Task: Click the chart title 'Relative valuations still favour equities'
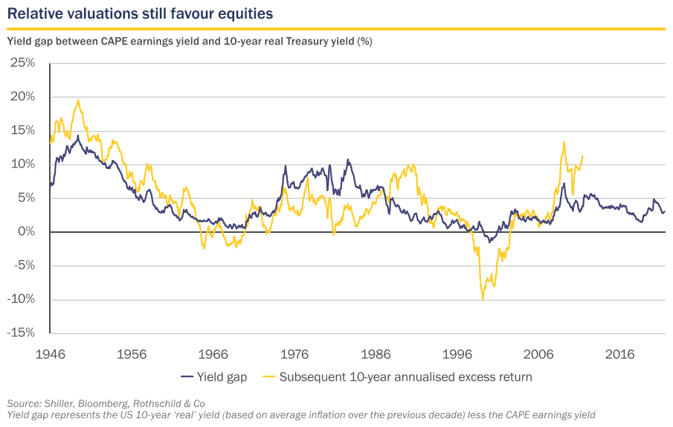click(141, 14)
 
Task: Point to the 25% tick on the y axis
click(22, 63)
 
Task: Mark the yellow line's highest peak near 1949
click(78, 100)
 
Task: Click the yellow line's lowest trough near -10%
click(483, 299)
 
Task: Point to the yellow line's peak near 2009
click(564, 142)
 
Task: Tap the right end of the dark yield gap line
click(665, 211)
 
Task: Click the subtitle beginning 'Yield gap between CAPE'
click(190, 42)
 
